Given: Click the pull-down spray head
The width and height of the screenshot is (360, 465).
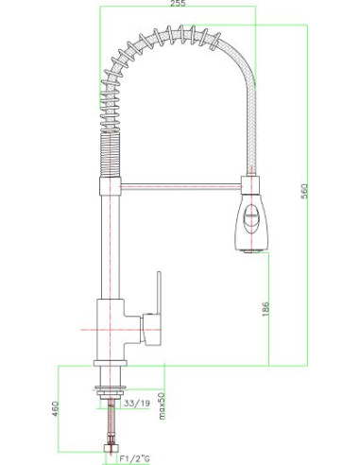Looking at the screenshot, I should click(249, 219).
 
